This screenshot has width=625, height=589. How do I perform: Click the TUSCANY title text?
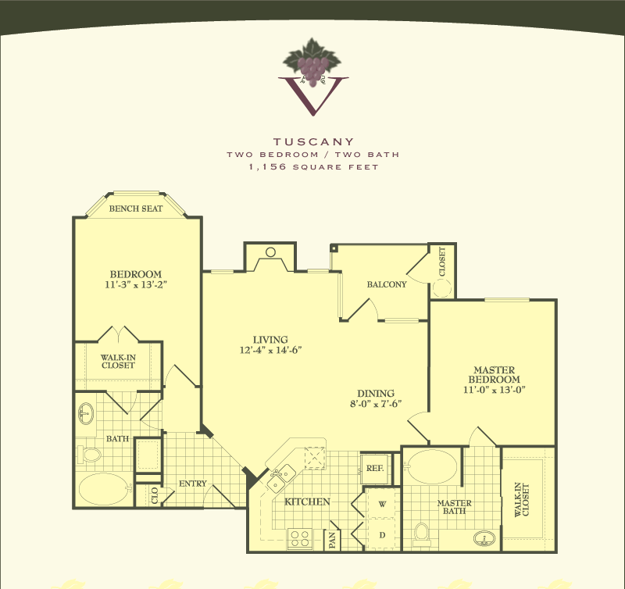[x=314, y=141]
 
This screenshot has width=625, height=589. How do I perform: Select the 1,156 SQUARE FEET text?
[x=314, y=167]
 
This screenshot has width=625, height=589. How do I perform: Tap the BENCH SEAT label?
[x=136, y=209]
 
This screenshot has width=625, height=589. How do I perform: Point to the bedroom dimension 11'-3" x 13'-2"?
[x=136, y=284]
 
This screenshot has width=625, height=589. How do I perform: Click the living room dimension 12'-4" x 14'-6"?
[x=270, y=350]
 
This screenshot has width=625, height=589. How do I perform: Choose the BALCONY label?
[x=387, y=284]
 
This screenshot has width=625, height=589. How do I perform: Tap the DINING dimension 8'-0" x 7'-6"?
[x=376, y=404]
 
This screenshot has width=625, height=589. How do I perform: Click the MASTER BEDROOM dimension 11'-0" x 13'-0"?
[x=495, y=390]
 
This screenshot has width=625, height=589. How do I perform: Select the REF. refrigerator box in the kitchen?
[x=375, y=468]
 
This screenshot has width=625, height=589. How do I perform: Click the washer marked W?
[x=382, y=503]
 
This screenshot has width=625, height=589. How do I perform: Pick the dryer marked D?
[x=382, y=535]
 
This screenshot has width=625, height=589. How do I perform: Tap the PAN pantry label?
[x=333, y=540]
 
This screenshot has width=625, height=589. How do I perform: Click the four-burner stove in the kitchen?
[x=300, y=539]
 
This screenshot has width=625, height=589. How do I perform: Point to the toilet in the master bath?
[x=421, y=535]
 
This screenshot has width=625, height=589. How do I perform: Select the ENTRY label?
[x=192, y=484]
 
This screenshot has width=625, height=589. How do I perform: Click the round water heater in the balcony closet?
[x=441, y=287]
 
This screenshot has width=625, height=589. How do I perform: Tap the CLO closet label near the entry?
[x=155, y=495]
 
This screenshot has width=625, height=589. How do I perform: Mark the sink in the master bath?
[x=484, y=538]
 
